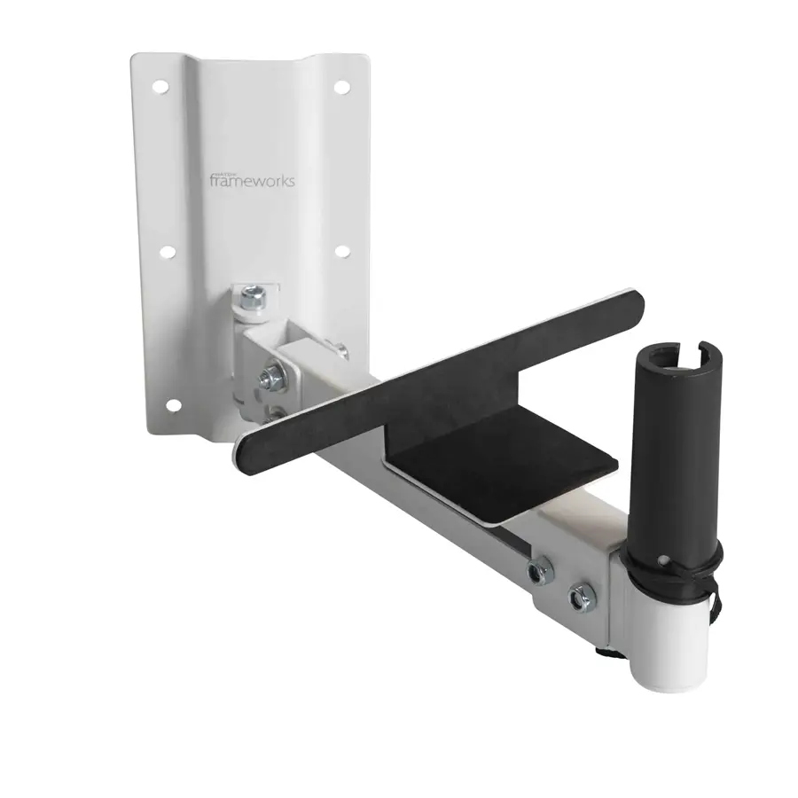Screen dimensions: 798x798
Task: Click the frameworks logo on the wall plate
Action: click(x=252, y=179)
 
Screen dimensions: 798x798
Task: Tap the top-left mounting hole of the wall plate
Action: click(x=160, y=87)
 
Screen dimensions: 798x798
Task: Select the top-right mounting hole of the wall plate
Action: click(x=340, y=87)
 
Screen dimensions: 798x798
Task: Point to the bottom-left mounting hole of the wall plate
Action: click(x=174, y=405)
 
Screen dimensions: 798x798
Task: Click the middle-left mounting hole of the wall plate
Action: click(x=167, y=252)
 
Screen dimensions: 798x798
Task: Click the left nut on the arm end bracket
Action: click(x=537, y=572)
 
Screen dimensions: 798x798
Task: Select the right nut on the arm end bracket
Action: click(x=583, y=599)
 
